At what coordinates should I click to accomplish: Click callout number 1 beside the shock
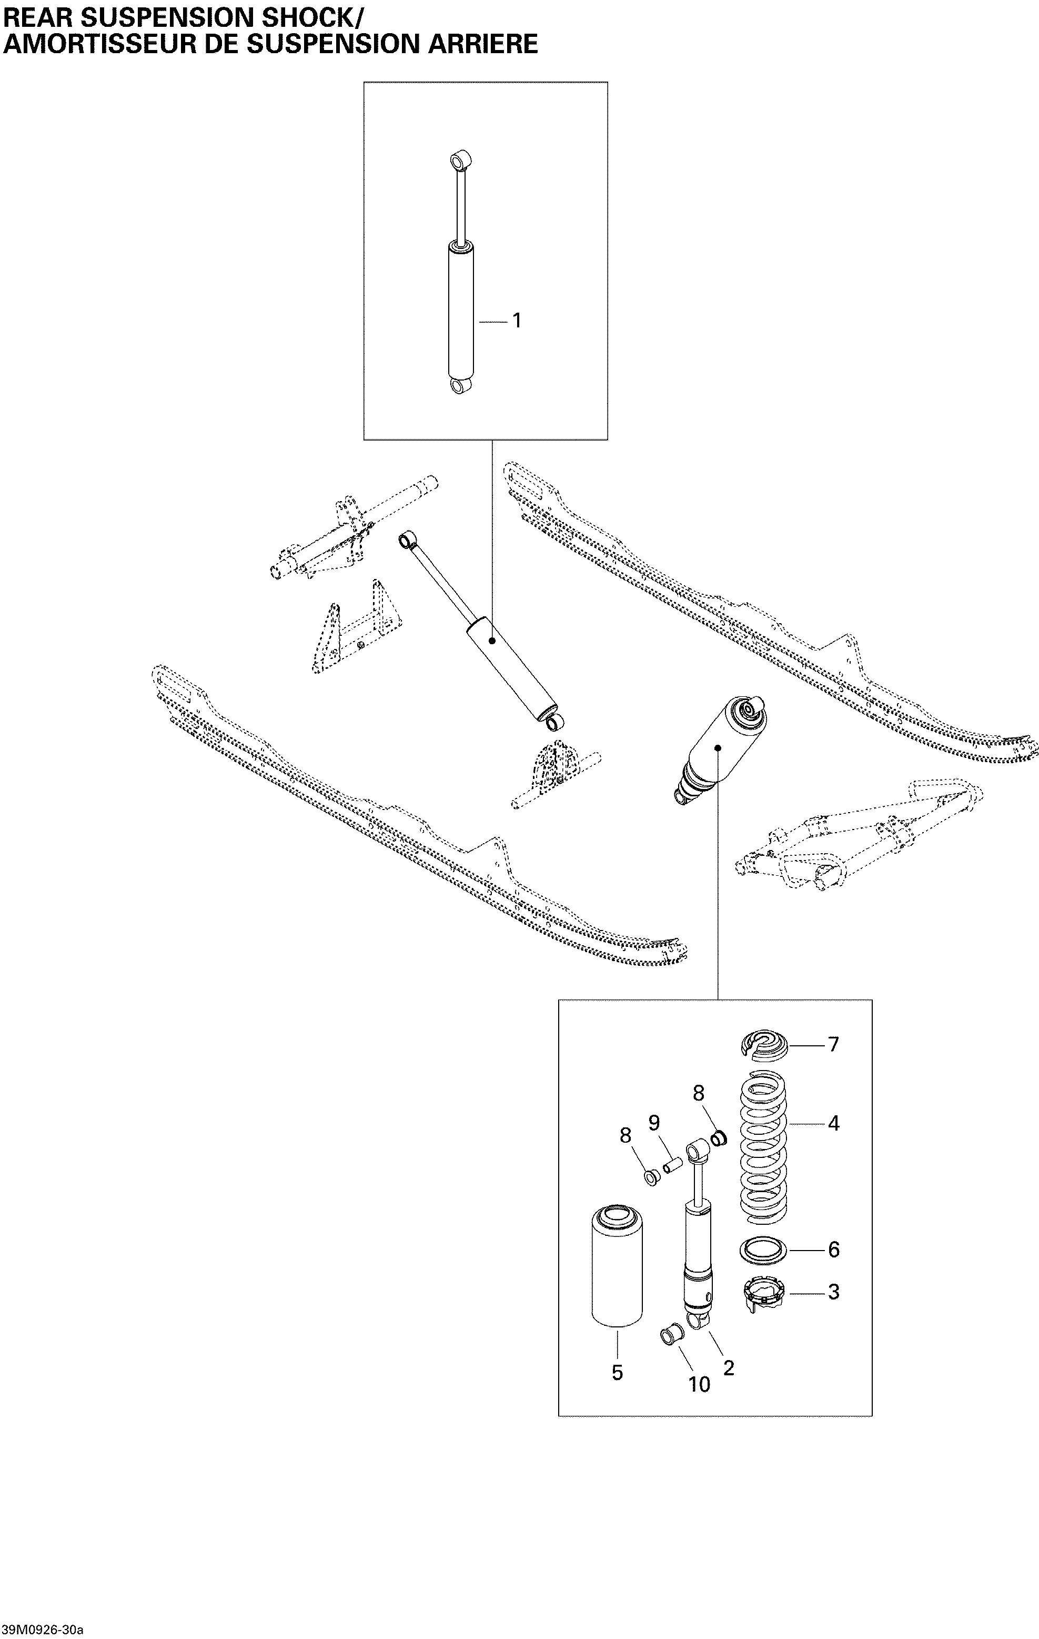(517, 321)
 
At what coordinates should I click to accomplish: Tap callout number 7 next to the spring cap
(833, 1044)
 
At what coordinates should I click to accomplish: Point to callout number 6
(833, 1250)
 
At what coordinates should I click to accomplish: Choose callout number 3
(833, 1292)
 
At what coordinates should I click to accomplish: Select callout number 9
(654, 1122)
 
